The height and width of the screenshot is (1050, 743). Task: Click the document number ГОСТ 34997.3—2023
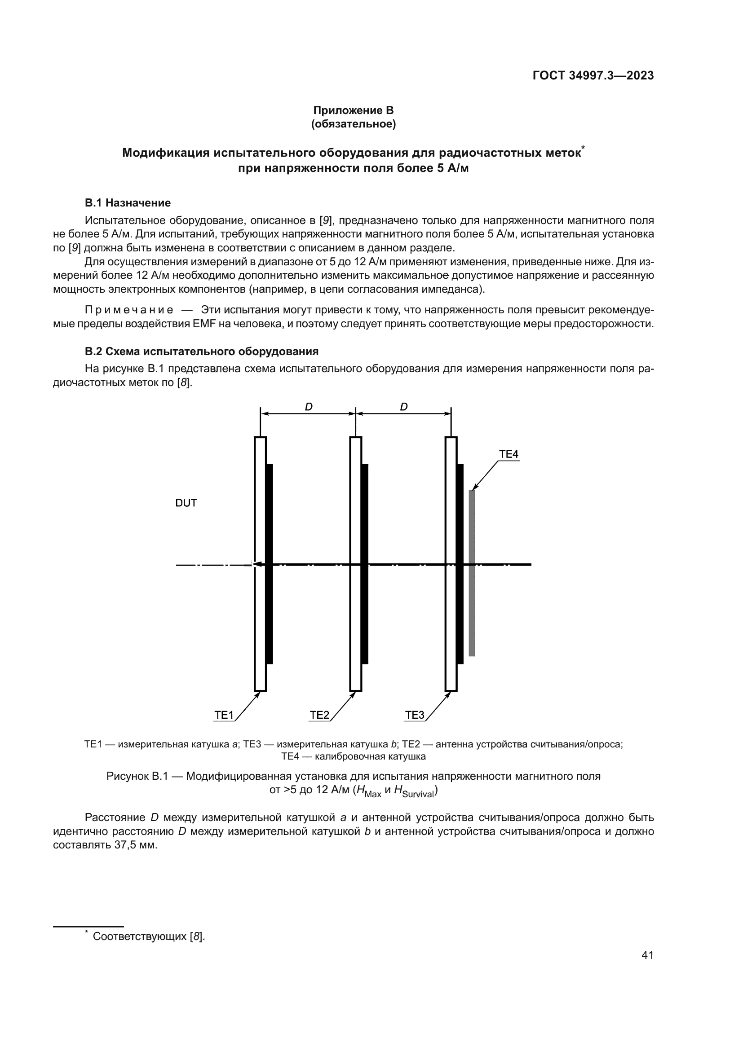coord(593,75)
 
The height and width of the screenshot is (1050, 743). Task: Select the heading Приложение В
coord(353,110)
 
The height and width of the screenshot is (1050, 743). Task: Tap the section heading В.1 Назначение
coord(128,202)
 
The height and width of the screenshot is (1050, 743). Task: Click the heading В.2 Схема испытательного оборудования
coord(201,351)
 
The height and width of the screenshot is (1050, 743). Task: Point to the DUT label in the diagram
coord(186,503)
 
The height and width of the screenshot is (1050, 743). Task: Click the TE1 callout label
coord(224,715)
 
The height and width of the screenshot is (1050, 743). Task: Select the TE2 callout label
coord(319,715)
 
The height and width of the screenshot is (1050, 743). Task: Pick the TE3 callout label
coord(415,715)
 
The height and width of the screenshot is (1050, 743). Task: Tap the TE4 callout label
coord(509,454)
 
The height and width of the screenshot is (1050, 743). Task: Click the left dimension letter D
coord(308,407)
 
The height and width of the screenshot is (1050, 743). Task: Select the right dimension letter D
coord(403,407)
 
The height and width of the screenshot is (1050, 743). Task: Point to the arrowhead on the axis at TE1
coord(257,564)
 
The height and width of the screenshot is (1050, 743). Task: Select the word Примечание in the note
coord(129,310)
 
